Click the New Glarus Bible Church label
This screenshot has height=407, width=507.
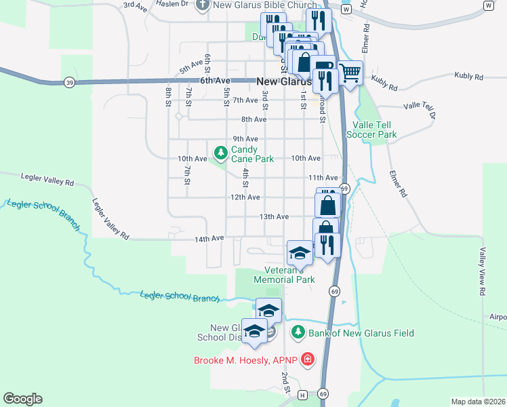(x=264, y=5)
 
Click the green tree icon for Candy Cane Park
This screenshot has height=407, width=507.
(x=220, y=151)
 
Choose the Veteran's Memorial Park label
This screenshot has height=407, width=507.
(x=284, y=275)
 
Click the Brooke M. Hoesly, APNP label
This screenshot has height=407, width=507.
(x=246, y=360)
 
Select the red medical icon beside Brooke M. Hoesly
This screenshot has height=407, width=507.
(x=308, y=359)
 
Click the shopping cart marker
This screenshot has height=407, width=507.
(x=350, y=73)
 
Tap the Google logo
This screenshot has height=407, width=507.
(x=22, y=399)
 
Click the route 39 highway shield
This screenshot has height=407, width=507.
(x=70, y=82)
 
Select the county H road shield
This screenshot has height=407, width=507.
(x=302, y=394)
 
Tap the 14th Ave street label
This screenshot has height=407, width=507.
(x=209, y=239)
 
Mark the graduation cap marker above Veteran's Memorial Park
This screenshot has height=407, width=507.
(x=299, y=252)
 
